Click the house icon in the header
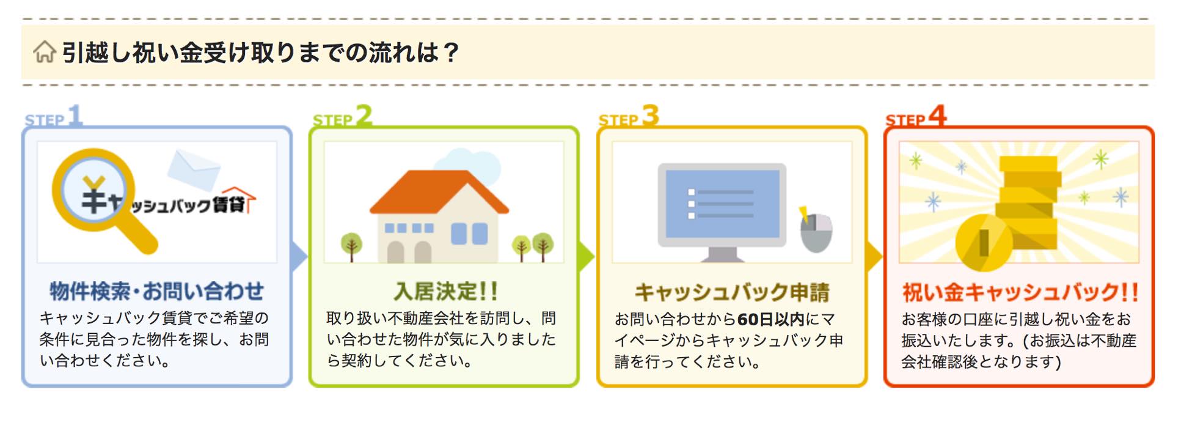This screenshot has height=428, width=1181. (x=44, y=52)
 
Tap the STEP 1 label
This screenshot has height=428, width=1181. (x=53, y=116)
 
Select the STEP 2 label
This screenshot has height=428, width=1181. (x=342, y=116)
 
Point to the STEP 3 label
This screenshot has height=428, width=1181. (x=629, y=116)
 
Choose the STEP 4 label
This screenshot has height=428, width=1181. (x=916, y=116)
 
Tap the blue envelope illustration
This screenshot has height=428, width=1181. (x=194, y=168)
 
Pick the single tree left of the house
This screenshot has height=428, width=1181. (x=351, y=247)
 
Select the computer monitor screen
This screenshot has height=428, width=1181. (x=722, y=204)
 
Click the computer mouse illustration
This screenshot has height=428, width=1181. (x=816, y=231)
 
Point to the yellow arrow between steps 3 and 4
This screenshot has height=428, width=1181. (x=874, y=256)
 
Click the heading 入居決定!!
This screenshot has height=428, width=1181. (x=445, y=291)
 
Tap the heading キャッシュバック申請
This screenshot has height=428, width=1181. (x=732, y=292)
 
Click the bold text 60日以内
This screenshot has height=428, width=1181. (x=770, y=319)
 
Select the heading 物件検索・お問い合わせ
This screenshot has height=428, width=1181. (x=157, y=291)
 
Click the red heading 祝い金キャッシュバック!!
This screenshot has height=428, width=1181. (x=1020, y=292)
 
